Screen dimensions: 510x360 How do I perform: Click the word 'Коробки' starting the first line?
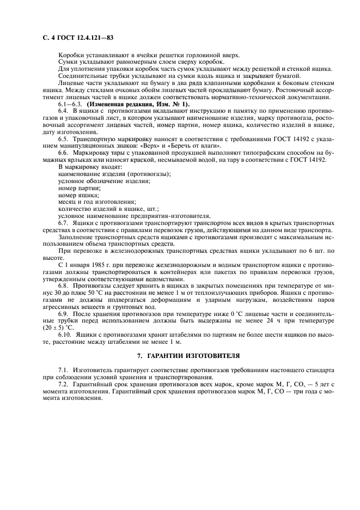70,55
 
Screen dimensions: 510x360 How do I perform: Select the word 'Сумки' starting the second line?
68,62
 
